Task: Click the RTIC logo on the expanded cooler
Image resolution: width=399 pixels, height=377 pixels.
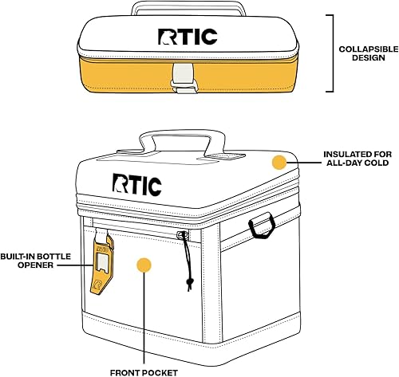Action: (137, 185)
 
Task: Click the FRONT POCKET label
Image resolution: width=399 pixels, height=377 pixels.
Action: (144, 371)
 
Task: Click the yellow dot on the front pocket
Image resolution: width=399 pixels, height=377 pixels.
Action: (144, 266)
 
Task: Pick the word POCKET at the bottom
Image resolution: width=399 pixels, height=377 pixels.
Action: (161, 371)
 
